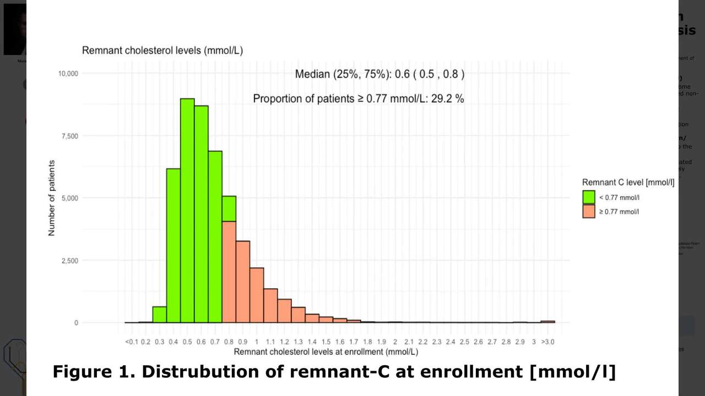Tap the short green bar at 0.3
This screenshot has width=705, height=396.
click(160, 315)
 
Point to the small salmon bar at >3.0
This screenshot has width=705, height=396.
click(547, 322)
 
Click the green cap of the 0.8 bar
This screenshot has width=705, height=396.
click(229, 209)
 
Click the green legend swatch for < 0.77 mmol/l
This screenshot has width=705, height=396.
click(589, 197)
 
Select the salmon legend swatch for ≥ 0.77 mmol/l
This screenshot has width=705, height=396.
click(589, 211)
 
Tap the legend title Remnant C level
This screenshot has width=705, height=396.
click(628, 183)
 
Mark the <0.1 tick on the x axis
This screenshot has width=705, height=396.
click(131, 342)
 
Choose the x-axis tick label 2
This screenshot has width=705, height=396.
click(395, 342)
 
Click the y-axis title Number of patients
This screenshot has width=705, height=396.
click(52, 198)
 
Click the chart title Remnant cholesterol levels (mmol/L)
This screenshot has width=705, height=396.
click(162, 51)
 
